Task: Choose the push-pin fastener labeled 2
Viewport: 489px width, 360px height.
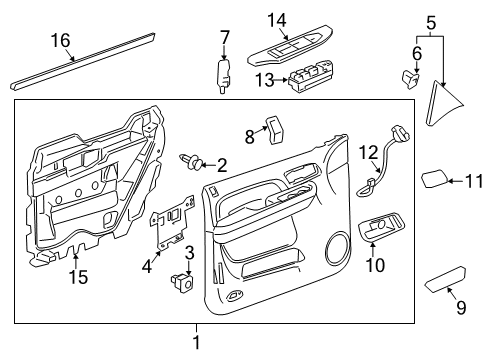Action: [x=193, y=160]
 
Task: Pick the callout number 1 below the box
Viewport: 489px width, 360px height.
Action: [x=196, y=342]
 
